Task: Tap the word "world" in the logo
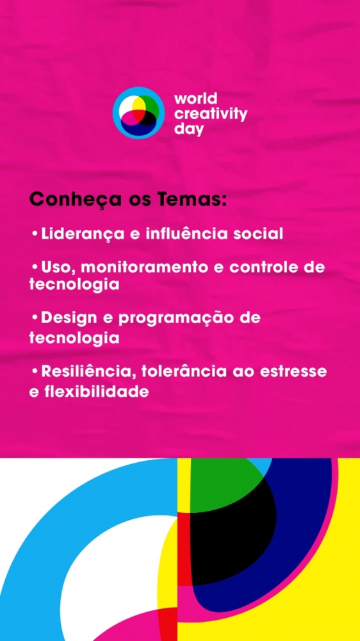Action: (x=196, y=99)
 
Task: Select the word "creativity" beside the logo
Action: (x=211, y=114)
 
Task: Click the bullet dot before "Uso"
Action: (x=35, y=268)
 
